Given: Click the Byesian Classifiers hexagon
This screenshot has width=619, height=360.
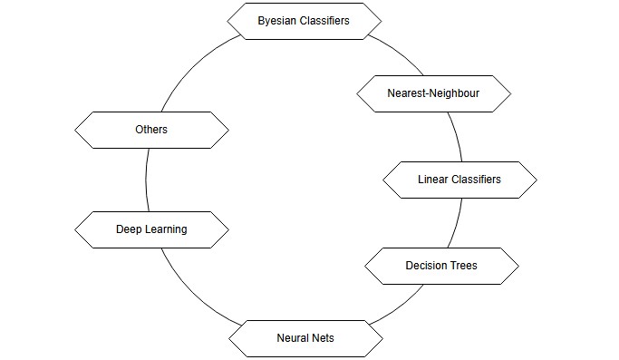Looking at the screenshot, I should [x=304, y=20].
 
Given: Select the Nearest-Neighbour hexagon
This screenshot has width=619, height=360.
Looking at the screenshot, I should [x=434, y=93].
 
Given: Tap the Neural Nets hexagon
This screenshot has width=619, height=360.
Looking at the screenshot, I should [x=305, y=338].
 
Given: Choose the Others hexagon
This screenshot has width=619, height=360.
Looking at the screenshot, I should [x=151, y=130].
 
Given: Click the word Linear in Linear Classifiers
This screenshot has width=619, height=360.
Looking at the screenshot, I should [x=433, y=180].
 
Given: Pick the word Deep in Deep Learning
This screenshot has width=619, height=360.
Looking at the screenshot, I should [x=130, y=229].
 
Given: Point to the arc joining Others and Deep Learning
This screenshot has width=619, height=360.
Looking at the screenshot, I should [x=147, y=180].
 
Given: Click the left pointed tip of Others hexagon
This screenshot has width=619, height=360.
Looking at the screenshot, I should [x=74, y=130].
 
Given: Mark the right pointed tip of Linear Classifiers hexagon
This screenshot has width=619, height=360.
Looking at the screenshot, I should [x=537, y=180].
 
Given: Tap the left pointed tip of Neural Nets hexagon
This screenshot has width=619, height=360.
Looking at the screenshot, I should [x=228, y=338].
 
